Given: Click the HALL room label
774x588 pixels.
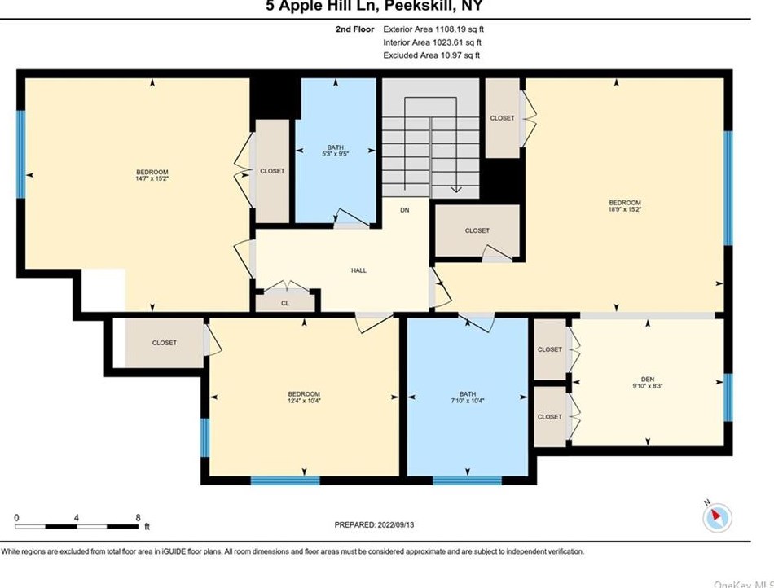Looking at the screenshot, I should (358, 270).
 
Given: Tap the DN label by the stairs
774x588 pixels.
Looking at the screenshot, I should (404, 210).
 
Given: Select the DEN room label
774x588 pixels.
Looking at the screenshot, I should (649, 378).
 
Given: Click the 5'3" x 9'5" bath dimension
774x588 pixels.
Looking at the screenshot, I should (336, 153).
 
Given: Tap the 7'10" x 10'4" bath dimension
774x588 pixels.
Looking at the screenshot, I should (468, 401).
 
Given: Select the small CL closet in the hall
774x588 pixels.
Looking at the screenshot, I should (285, 302).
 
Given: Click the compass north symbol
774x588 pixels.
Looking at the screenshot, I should (717, 516).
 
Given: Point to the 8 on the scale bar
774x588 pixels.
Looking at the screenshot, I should (138, 517).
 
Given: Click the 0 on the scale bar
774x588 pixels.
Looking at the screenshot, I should (16, 517).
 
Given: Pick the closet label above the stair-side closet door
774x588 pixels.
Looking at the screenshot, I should (477, 230).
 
